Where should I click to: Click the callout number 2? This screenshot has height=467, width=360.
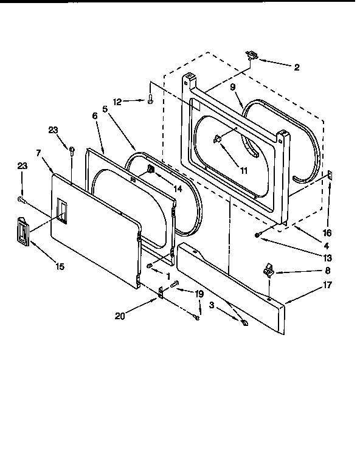coord(296,67)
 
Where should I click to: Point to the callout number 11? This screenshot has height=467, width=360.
coord(243,171)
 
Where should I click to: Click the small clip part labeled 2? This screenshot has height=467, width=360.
coord(251,56)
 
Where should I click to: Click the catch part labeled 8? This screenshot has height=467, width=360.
coord(269,270)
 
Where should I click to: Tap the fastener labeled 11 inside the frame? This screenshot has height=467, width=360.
coord(216,140)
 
